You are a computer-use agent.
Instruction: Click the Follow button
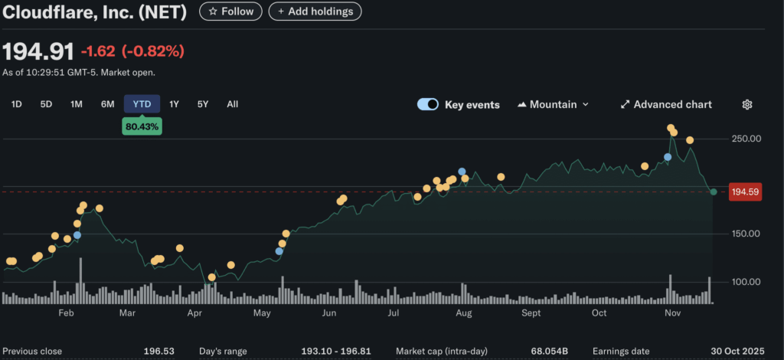pyautogui.click(x=230, y=11)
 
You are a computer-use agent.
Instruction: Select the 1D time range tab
pyautogui.click(x=17, y=104)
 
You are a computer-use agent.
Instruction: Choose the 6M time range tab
pyautogui.click(x=108, y=104)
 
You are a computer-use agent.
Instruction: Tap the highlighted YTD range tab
pyautogui.click(x=142, y=104)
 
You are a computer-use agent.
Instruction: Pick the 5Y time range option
pyautogui.click(x=203, y=104)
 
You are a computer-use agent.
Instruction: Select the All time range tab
pyautogui.click(x=233, y=104)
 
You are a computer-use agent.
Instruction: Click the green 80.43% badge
pyautogui.click(x=142, y=127)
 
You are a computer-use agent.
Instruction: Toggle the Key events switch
pyautogui.click(x=428, y=104)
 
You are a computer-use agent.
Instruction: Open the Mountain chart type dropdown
pyautogui.click(x=554, y=104)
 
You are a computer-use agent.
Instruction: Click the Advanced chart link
pyautogui.click(x=665, y=104)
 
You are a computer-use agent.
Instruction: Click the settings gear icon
pyautogui.click(x=748, y=104)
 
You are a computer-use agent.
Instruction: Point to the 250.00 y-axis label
pyautogui.click(x=746, y=139)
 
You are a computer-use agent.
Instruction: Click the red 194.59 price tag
pyautogui.click(x=744, y=192)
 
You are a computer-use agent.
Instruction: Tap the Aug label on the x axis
pyautogui.click(x=463, y=313)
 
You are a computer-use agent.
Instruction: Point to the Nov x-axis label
pyautogui.click(x=672, y=313)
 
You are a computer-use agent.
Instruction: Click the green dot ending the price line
pyautogui.click(x=714, y=191)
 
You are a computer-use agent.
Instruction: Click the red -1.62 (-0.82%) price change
pyautogui.click(x=133, y=52)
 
